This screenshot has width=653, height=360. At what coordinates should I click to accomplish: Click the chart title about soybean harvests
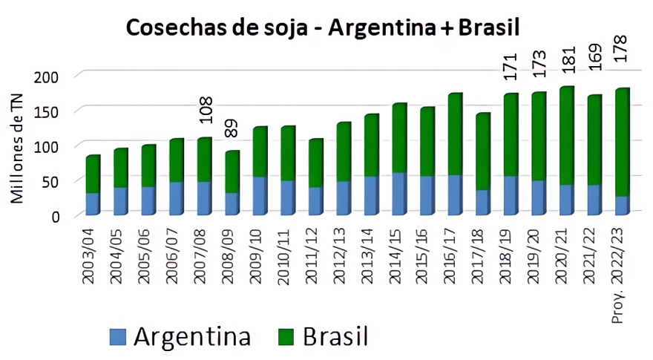click(x=323, y=27)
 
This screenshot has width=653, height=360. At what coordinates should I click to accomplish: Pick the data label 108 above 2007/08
click(x=207, y=109)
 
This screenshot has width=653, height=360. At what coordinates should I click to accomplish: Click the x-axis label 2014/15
click(x=398, y=252)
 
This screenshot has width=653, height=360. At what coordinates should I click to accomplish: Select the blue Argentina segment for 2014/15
click(x=398, y=194)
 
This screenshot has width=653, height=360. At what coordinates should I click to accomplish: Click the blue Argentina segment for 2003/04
click(x=92, y=203)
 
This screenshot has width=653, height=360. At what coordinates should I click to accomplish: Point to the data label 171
click(x=510, y=65)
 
